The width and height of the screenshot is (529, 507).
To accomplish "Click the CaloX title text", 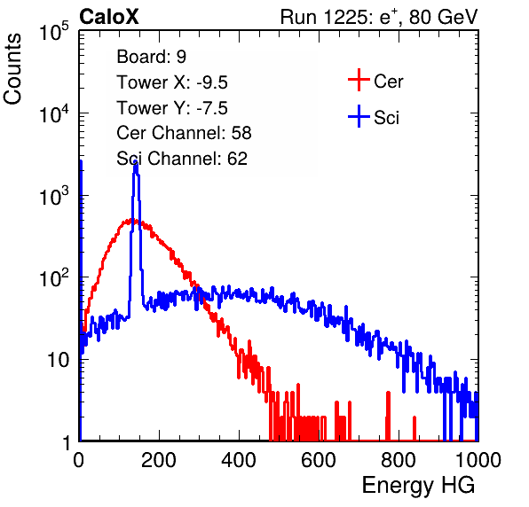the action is (108, 17).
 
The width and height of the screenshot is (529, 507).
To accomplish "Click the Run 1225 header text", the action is (379, 17).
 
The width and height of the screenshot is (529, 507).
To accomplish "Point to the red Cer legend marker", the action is (359, 80).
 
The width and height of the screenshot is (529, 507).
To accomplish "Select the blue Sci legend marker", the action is (359, 116).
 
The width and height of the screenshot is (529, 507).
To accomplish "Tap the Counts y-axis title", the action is (12, 69).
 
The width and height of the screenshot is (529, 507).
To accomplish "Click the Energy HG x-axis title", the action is (418, 485).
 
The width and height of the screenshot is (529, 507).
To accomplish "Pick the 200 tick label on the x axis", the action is (159, 460).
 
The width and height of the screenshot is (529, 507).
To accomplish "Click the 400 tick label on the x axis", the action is (239, 460).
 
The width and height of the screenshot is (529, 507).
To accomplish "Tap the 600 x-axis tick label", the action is (319, 460).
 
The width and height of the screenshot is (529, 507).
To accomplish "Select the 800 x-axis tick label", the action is (399, 460).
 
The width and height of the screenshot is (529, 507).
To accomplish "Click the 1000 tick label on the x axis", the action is (478, 460).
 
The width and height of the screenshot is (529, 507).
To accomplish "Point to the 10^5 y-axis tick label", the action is (54, 31).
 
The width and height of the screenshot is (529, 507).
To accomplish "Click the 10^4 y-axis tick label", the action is (54, 113).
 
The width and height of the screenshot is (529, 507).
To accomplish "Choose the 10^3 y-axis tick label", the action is (54, 195).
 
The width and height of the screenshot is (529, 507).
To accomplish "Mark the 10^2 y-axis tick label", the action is (54, 277).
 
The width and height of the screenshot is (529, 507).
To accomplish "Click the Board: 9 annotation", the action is (152, 57).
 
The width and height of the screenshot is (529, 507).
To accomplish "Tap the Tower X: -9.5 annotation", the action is (172, 82).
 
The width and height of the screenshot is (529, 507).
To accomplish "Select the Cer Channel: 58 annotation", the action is (184, 133).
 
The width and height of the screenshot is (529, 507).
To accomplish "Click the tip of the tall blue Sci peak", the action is (136, 163).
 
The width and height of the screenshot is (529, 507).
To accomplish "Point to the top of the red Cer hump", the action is (132, 221).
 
